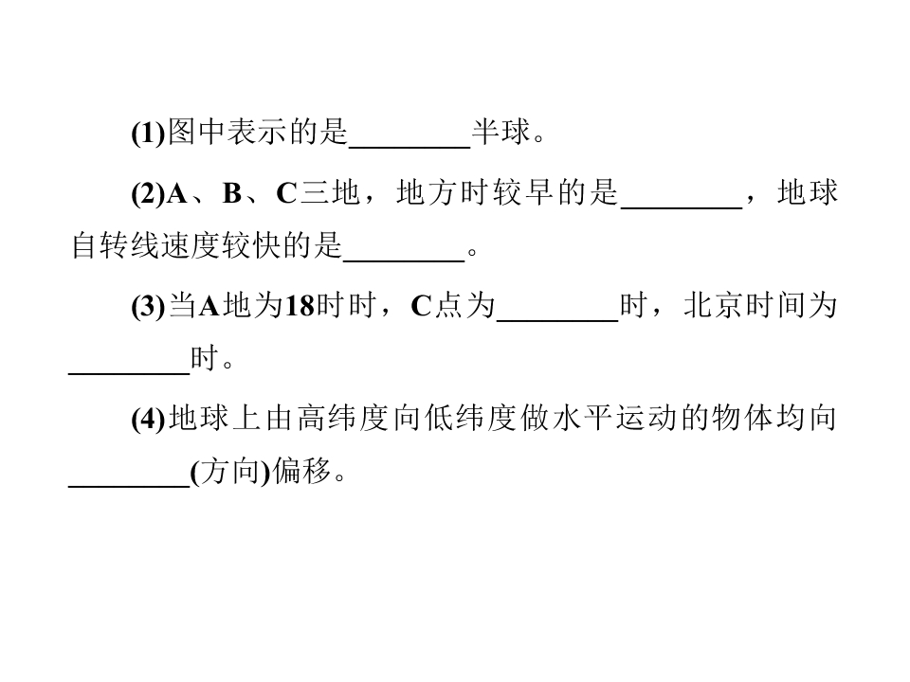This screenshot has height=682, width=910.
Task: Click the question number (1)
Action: point(149,133)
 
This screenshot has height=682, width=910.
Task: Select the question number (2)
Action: point(149,193)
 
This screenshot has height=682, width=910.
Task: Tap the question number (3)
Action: point(149,306)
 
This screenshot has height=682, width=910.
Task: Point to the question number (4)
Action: point(149,419)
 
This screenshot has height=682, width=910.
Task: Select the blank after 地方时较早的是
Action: point(682,207)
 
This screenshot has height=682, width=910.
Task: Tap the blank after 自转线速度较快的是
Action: point(404,261)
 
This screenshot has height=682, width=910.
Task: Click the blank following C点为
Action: point(557,320)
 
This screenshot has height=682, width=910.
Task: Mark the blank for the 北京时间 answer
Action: point(130,374)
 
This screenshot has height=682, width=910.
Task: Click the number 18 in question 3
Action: point(300,306)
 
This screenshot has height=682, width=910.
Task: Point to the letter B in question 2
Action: point(232,193)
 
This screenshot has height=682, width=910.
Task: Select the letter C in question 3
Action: point(421,306)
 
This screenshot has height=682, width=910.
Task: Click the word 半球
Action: point(501,132)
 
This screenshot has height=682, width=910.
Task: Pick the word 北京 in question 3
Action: point(713,305)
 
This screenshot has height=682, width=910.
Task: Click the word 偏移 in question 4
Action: point(301,472)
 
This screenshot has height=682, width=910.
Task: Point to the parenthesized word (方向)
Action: point(231,472)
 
